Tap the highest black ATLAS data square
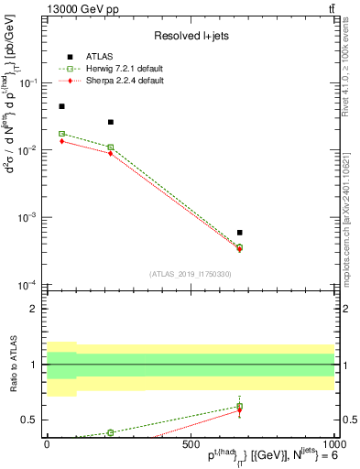point(61,106)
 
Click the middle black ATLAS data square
point(111,122)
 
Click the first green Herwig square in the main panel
point(61,134)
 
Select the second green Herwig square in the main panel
point(111,147)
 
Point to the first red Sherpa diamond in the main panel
point(61,141)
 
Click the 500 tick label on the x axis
point(191,443)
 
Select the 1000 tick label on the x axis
point(332,443)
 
